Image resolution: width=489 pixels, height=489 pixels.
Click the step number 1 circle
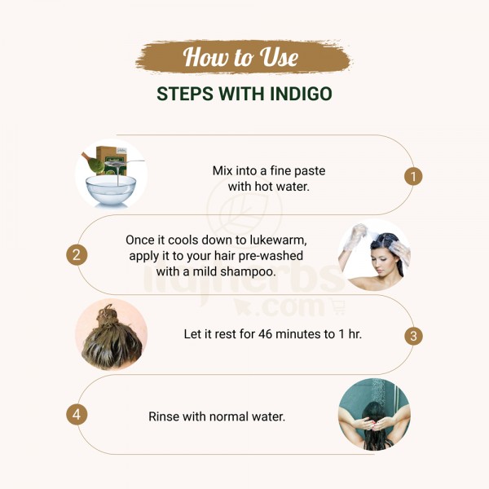[413, 177]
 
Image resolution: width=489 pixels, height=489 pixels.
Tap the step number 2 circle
[77, 255]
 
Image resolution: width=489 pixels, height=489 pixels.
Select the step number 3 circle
[413, 336]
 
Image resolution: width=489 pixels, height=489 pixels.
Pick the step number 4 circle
[77, 415]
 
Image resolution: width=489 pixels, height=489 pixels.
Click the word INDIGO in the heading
[301, 94]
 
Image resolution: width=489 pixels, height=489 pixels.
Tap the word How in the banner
[205, 56]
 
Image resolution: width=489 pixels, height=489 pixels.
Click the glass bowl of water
[111, 189]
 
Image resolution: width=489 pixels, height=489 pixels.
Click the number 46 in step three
[266, 334]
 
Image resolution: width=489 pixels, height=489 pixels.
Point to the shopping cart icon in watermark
[339, 307]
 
